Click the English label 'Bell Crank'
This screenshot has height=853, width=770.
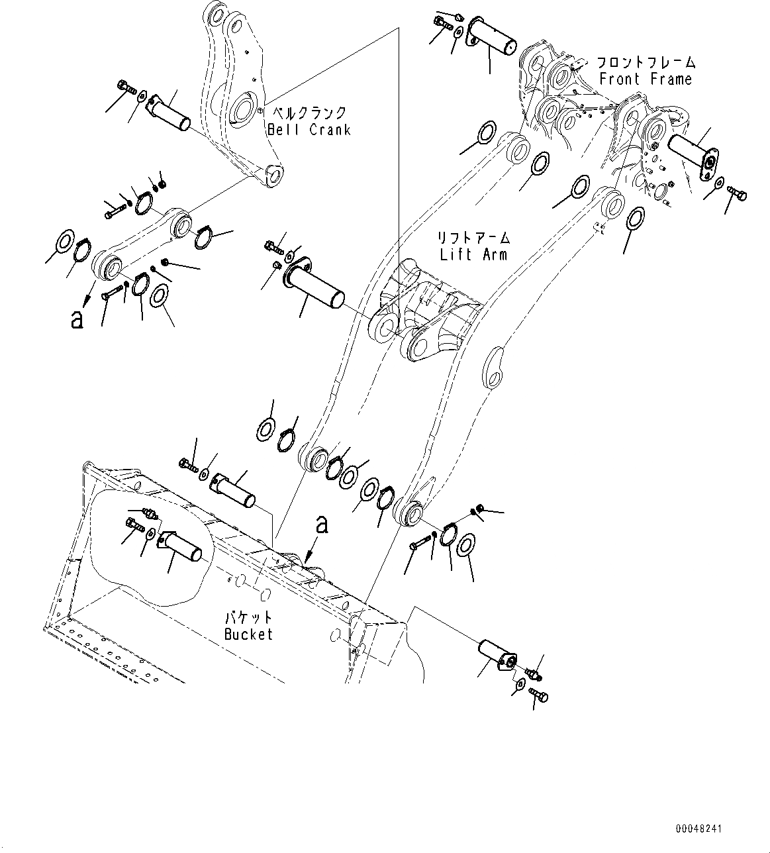coord(309,130)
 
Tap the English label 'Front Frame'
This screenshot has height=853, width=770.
coord(645,79)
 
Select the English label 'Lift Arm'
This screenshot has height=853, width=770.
coord(473,254)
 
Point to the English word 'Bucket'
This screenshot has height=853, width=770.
coord(248,634)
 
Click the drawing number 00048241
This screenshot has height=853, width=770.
coord(699,828)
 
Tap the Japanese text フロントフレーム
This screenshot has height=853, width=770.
coord(646,63)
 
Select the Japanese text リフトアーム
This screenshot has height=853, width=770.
coord(473,238)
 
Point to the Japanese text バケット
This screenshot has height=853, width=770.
coord(248,618)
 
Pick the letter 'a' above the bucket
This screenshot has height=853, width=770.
coord(322,525)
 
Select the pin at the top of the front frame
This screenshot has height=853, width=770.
coord(493,36)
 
